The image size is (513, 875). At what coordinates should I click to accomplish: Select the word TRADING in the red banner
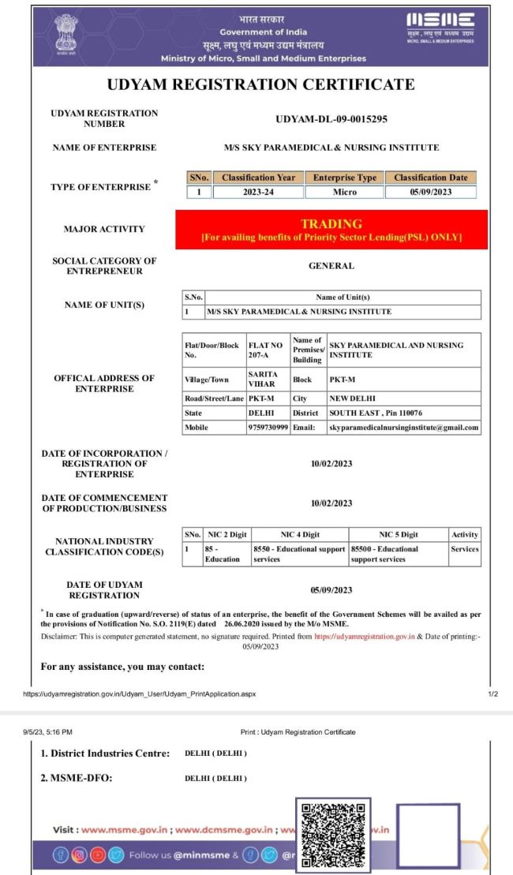(x=331, y=224)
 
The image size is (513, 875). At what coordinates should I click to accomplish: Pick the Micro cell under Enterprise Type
(x=344, y=192)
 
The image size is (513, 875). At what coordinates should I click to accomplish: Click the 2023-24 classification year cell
(x=258, y=192)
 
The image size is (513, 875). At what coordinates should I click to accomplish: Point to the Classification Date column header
(x=430, y=178)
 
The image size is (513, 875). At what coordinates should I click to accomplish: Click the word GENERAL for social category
(x=331, y=266)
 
